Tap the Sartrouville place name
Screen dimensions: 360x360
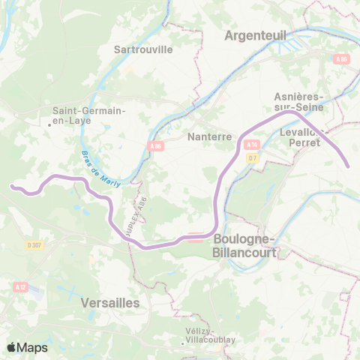pyautogui.click(x=142, y=49)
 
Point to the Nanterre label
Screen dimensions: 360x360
pyautogui.click(x=208, y=137)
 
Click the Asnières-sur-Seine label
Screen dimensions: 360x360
pyautogui.click(x=298, y=102)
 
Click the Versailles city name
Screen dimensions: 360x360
pyautogui.click(x=109, y=302)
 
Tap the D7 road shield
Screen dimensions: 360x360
pyautogui.click(x=252, y=157)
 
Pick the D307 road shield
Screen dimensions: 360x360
pyautogui.click(x=34, y=244)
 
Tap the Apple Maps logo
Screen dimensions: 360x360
pyautogui.click(x=27, y=347)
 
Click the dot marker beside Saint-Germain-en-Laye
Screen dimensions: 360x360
pyautogui.click(x=49, y=124)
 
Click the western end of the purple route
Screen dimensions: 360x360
pyautogui.click(x=11, y=185)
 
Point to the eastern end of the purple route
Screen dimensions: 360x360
pyautogui.click(x=348, y=167)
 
